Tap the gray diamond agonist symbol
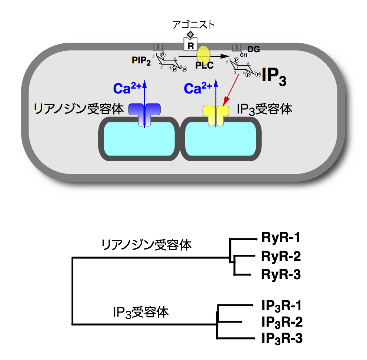(190, 35)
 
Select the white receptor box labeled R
(191, 45)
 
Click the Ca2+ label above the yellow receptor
(198, 89)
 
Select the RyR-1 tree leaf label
(280, 237)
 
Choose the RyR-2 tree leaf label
(280, 256)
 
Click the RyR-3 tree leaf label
(280, 275)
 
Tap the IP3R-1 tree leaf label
(280, 305)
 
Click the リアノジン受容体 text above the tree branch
(147, 245)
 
